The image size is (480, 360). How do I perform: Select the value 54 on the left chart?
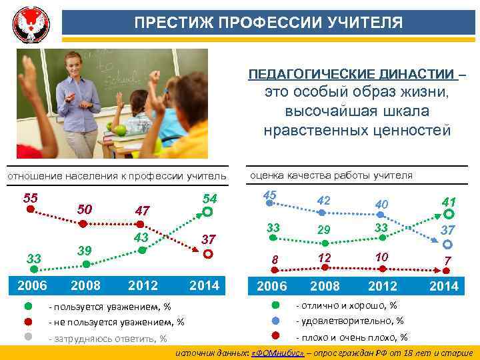point(209,199)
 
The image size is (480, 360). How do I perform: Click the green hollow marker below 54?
point(207,213)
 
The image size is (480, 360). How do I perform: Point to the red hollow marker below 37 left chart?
point(207,254)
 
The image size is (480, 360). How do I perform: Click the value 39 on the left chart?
point(85,249)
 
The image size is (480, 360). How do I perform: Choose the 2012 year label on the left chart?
point(143,285)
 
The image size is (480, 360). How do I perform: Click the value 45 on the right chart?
point(270,195)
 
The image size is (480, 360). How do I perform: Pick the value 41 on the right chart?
point(449,201)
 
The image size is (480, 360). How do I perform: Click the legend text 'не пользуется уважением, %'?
point(116,322)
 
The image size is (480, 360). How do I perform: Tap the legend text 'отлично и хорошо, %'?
point(346,306)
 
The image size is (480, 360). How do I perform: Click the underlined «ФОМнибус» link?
point(277,352)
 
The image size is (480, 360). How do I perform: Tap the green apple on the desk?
point(120,128)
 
